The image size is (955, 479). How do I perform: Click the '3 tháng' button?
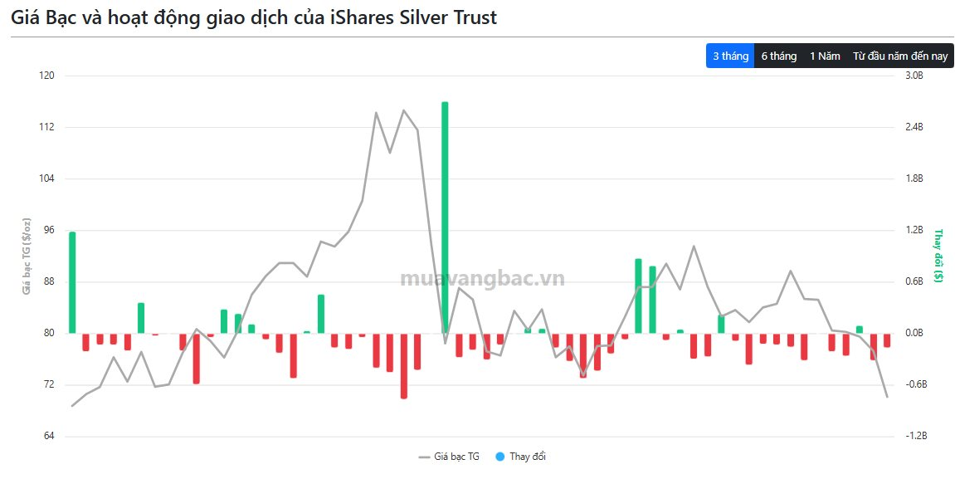coord(730,56)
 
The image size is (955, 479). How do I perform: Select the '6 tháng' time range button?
coord(779,56)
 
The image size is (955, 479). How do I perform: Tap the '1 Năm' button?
coord(825,56)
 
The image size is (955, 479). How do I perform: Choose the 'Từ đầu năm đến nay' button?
coord(900,56)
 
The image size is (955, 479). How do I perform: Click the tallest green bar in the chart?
coord(445,216)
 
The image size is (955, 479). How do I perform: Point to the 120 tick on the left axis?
coord(46,76)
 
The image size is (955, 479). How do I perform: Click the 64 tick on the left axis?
coord(47,436)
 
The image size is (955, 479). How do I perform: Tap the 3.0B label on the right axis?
coord(914,76)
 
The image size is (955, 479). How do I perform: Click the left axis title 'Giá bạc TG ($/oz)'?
coord(27,257)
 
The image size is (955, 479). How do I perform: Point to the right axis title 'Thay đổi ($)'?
coord(938,257)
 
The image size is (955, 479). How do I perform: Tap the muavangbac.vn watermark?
coord(482,279)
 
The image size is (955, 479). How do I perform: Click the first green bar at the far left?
coord(72,282)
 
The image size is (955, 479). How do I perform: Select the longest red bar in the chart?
coord(403,366)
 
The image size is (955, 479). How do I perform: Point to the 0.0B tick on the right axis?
coord(914,333)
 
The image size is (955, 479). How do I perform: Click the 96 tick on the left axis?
coord(47,230)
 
